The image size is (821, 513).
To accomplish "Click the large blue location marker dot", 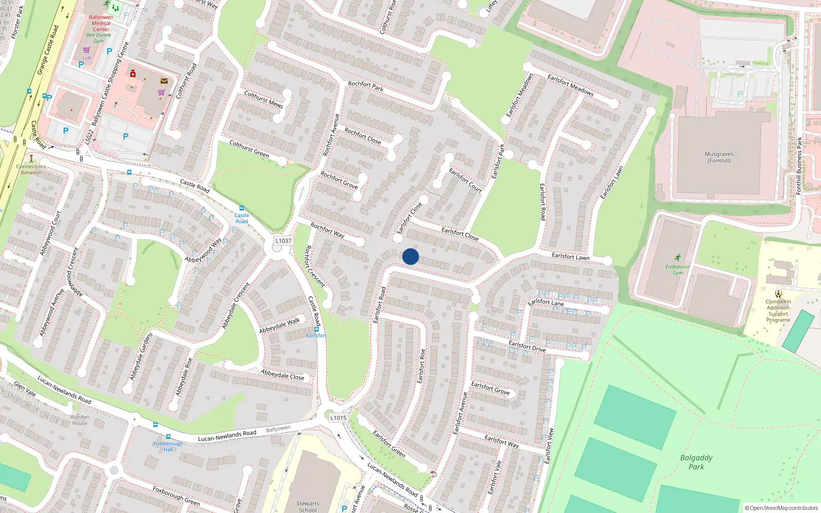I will (x=411, y=256).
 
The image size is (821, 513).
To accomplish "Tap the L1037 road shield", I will (x=283, y=241).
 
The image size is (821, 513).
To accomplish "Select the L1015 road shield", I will (x=338, y=418).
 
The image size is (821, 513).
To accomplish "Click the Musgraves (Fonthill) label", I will (x=719, y=157).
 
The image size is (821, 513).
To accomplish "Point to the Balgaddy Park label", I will (x=696, y=462).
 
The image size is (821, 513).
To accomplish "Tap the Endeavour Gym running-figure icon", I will (x=677, y=258).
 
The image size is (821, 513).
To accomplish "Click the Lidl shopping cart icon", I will (x=86, y=50).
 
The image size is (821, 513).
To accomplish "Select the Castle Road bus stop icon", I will (x=242, y=208).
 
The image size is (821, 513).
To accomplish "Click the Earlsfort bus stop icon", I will (x=317, y=329).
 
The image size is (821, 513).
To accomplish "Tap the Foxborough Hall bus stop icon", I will (x=155, y=425).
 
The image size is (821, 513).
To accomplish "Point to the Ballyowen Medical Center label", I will (x=101, y=23).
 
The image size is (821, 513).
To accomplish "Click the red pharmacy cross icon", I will (x=133, y=73).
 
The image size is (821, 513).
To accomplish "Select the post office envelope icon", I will (x=164, y=81).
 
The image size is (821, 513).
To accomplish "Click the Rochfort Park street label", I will (x=365, y=86).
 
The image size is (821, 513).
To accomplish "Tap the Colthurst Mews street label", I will (x=263, y=99).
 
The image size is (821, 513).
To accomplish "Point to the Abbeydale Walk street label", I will (x=280, y=325).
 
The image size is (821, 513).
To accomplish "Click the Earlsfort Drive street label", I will (x=527, y=346).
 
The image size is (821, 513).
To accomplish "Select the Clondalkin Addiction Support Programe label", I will (x=778, y=311).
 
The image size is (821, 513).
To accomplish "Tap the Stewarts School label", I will (x=307, y=507).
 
